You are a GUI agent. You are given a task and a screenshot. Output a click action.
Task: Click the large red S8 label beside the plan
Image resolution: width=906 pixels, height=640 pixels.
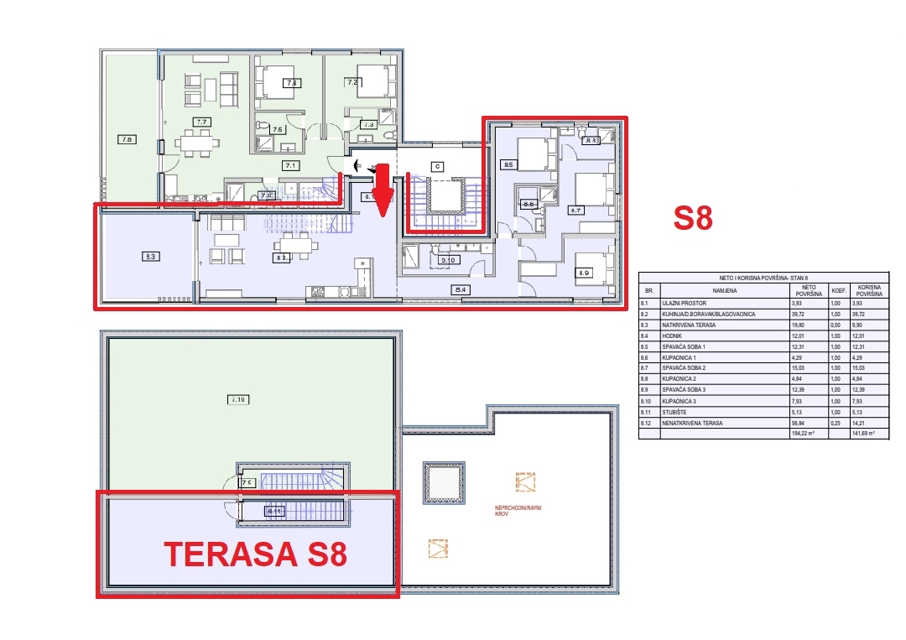tap(694, 219)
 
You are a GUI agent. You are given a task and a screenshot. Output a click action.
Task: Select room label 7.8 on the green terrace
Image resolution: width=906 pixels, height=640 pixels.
tap(127, 139)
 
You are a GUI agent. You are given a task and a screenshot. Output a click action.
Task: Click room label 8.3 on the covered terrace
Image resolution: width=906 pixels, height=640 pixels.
tap(152, 258)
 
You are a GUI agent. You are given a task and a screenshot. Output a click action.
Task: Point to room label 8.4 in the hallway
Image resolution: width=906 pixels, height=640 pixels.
tap(461, 290)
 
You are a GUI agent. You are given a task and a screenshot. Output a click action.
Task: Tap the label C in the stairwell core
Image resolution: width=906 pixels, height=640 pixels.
tap(437, 166)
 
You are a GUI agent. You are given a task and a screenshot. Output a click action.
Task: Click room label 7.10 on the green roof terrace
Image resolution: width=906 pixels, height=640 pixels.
tap(237, 400)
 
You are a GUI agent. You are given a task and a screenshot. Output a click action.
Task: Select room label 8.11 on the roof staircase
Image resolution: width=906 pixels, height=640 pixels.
tap(273, 510)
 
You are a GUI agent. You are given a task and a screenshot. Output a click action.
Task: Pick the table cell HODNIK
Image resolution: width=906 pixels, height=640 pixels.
tap(672, 336)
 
